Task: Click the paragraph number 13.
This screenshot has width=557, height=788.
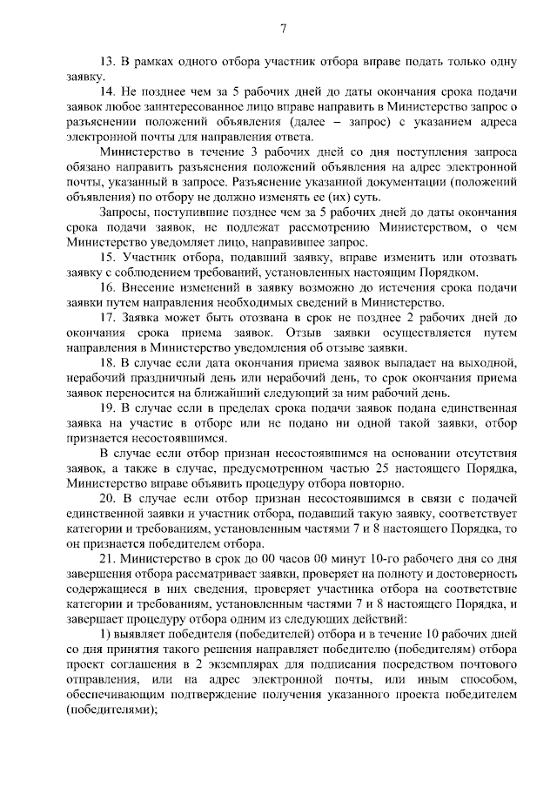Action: coord(107,64)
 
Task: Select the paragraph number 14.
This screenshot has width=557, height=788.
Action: coord(108,92)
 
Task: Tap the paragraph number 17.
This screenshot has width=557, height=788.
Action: coord(108,318)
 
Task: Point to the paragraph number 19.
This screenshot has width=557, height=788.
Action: coord(108,409)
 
